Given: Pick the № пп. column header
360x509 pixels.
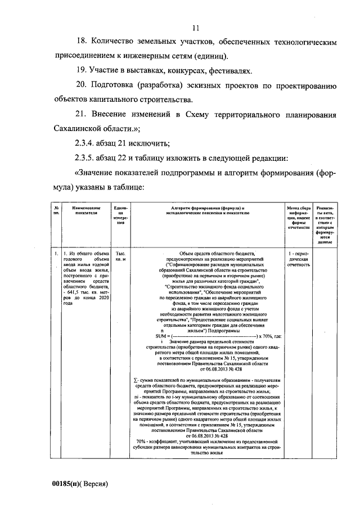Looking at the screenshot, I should [x=56, y=211].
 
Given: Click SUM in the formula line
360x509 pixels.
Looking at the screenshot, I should [x=147, y=336].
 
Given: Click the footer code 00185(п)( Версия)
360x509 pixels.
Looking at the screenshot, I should [x=79, y=484].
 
